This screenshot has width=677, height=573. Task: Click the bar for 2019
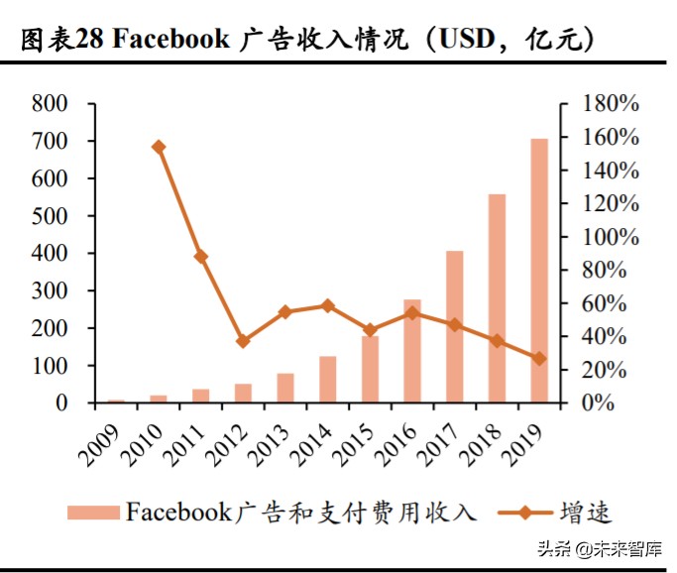pos(539,271)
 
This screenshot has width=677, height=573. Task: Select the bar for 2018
pos(497,298)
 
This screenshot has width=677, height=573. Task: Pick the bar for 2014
pos(328,380)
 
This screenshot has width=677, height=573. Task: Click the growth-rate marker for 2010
pos(159,147)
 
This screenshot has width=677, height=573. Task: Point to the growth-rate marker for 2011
pos(201,256)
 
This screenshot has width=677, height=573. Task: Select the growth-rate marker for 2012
pos(244,341)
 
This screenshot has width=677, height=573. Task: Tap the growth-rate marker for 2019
pos(539,358)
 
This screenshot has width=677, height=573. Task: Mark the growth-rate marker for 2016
pos(412,312)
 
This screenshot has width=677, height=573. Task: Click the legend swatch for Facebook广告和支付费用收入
pos(93,513)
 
